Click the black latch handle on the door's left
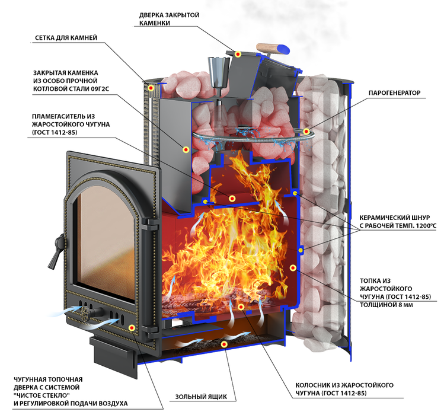tap(57, 244)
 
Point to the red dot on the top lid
tap(238, 54)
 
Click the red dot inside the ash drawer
tap(223, 344)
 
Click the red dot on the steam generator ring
tap(306, 131)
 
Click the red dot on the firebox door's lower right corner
tap(132, 327)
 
